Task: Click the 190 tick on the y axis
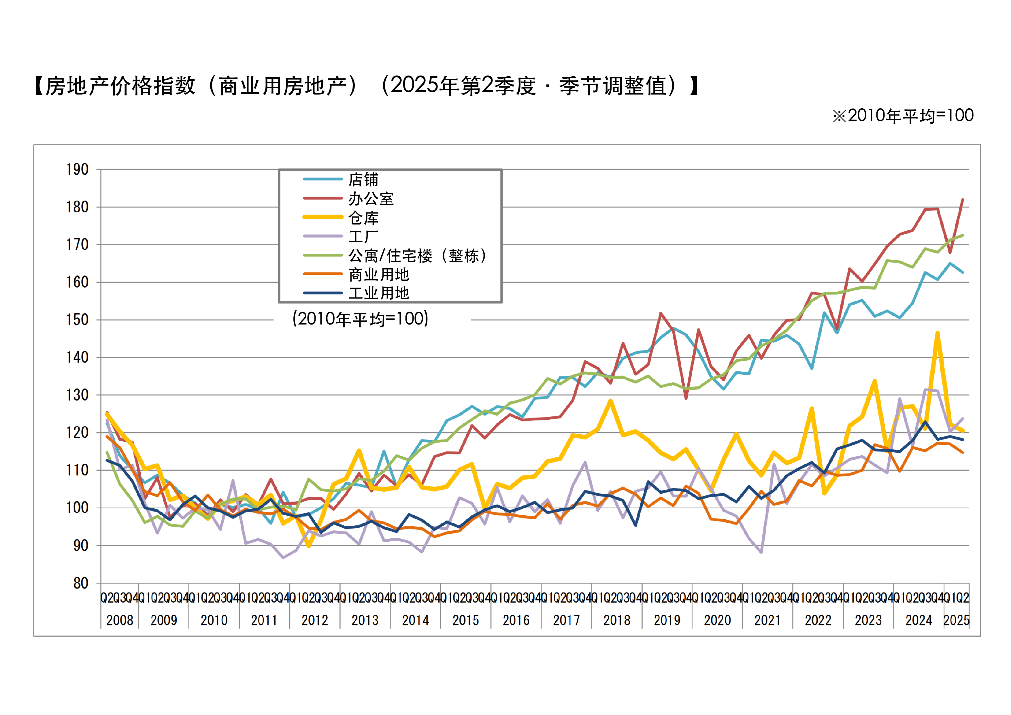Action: click(78, 169)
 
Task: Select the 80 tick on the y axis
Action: click(81, 583)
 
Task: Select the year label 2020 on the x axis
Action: click(717, 620)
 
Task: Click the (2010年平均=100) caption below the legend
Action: click(360, 319)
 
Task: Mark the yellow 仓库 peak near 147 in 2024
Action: click(938, 333)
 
